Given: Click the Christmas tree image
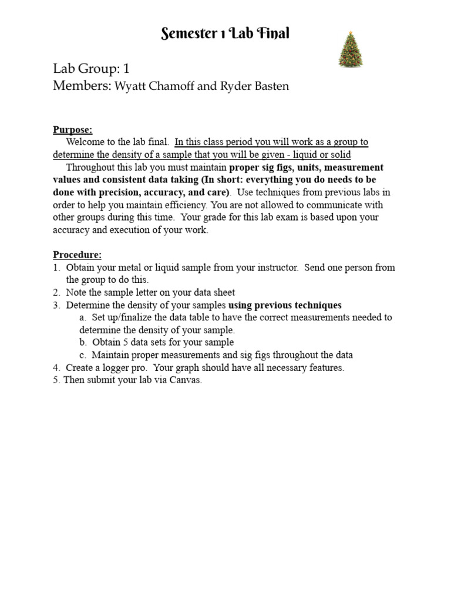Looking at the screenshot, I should pos(351,49).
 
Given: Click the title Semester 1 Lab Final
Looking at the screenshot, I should pos(225,34).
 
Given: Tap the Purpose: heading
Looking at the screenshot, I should pos(73,130).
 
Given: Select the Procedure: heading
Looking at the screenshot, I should pos(78,255).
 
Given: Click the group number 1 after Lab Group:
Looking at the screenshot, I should pos(126,69).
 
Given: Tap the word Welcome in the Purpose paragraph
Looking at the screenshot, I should pos(86,142).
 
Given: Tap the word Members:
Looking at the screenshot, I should pos(82,86).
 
